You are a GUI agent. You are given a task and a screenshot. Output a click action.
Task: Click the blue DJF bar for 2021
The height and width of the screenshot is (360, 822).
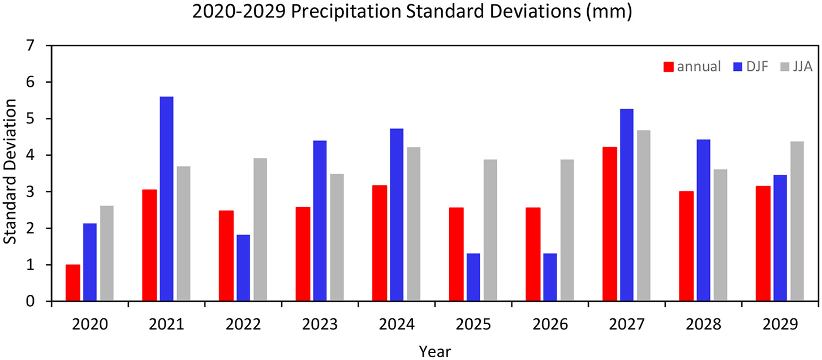[166, 199]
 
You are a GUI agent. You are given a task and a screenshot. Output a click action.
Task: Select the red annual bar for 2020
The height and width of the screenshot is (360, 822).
[73, 283]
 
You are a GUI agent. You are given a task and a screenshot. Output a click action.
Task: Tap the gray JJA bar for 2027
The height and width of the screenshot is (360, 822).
[644, 216]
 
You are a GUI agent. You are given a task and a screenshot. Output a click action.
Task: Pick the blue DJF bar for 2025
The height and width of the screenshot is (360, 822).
[474, 277]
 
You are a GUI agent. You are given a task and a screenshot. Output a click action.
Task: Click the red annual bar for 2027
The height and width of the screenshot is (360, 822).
[609, 224]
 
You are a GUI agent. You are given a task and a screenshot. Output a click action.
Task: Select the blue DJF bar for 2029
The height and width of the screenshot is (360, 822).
[780, 238]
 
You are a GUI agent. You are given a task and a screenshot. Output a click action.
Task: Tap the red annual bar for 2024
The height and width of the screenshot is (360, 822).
[380, 243]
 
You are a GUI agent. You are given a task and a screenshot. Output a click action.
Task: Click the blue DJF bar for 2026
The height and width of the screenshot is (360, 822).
[550, 277]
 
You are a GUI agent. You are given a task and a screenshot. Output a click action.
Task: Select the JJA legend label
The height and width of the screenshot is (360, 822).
[802, 67]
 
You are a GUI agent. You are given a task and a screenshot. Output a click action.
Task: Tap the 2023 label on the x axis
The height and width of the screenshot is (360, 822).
[320, 325]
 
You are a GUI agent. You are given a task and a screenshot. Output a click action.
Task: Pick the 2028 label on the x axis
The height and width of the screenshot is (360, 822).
[703, 325]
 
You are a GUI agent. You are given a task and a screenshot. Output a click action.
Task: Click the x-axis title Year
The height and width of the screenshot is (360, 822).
[435, 351]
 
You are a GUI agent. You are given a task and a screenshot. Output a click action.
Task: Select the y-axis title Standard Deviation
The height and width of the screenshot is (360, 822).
[10, 173]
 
